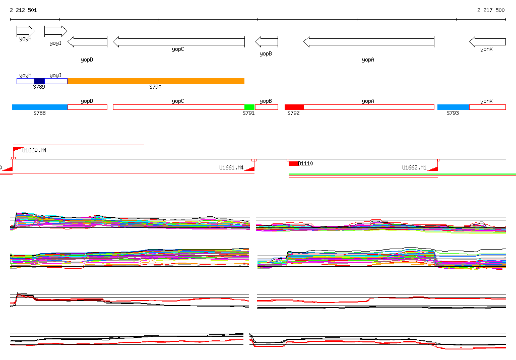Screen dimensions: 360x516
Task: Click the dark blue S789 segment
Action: point(39,81)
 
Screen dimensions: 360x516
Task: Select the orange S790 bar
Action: point(156,81)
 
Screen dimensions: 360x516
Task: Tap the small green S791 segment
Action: point(249,107)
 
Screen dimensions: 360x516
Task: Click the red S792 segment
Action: point(294,107)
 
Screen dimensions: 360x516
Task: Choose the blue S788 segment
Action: point(40,107)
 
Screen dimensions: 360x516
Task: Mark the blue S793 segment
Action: point(453,107)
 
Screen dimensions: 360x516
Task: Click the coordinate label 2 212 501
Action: point(23,10)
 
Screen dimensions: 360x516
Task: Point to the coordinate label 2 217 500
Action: point(491,10)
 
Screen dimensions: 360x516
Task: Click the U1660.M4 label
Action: point(35,150)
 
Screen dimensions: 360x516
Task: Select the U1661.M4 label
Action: point(231,167)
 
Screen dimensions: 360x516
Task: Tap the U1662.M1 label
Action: point(414,167)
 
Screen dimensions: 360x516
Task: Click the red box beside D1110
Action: point(293,163)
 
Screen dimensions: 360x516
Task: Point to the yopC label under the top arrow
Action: point(178,49)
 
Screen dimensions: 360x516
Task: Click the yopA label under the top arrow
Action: point(368,59)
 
